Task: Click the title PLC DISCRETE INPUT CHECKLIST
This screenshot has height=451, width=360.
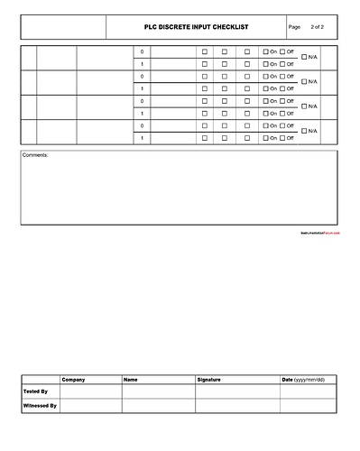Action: (196, 27)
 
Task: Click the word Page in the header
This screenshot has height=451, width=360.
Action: (293, 27)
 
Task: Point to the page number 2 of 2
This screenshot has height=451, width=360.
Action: (317, 27)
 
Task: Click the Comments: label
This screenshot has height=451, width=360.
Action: (36, 155)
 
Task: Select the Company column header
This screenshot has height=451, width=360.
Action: (74, 380)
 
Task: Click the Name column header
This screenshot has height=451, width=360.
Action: (131, 380)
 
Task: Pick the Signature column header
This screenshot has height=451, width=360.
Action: (208, 380)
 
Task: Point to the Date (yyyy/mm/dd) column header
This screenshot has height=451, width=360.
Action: (303, 380)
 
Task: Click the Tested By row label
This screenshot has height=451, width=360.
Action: (35, 392)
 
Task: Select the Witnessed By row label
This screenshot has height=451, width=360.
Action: (40, 406)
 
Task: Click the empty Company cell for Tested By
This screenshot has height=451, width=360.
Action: (90, 392)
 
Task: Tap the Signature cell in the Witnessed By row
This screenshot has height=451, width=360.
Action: (236, 406)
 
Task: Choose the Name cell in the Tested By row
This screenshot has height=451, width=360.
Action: (158, 392)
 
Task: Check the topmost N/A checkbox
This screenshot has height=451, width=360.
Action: (304, 58)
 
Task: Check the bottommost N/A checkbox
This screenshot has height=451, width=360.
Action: (304, 132)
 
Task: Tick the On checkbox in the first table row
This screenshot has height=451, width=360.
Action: (266, 51)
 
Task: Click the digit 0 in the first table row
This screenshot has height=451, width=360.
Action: (142, 51)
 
